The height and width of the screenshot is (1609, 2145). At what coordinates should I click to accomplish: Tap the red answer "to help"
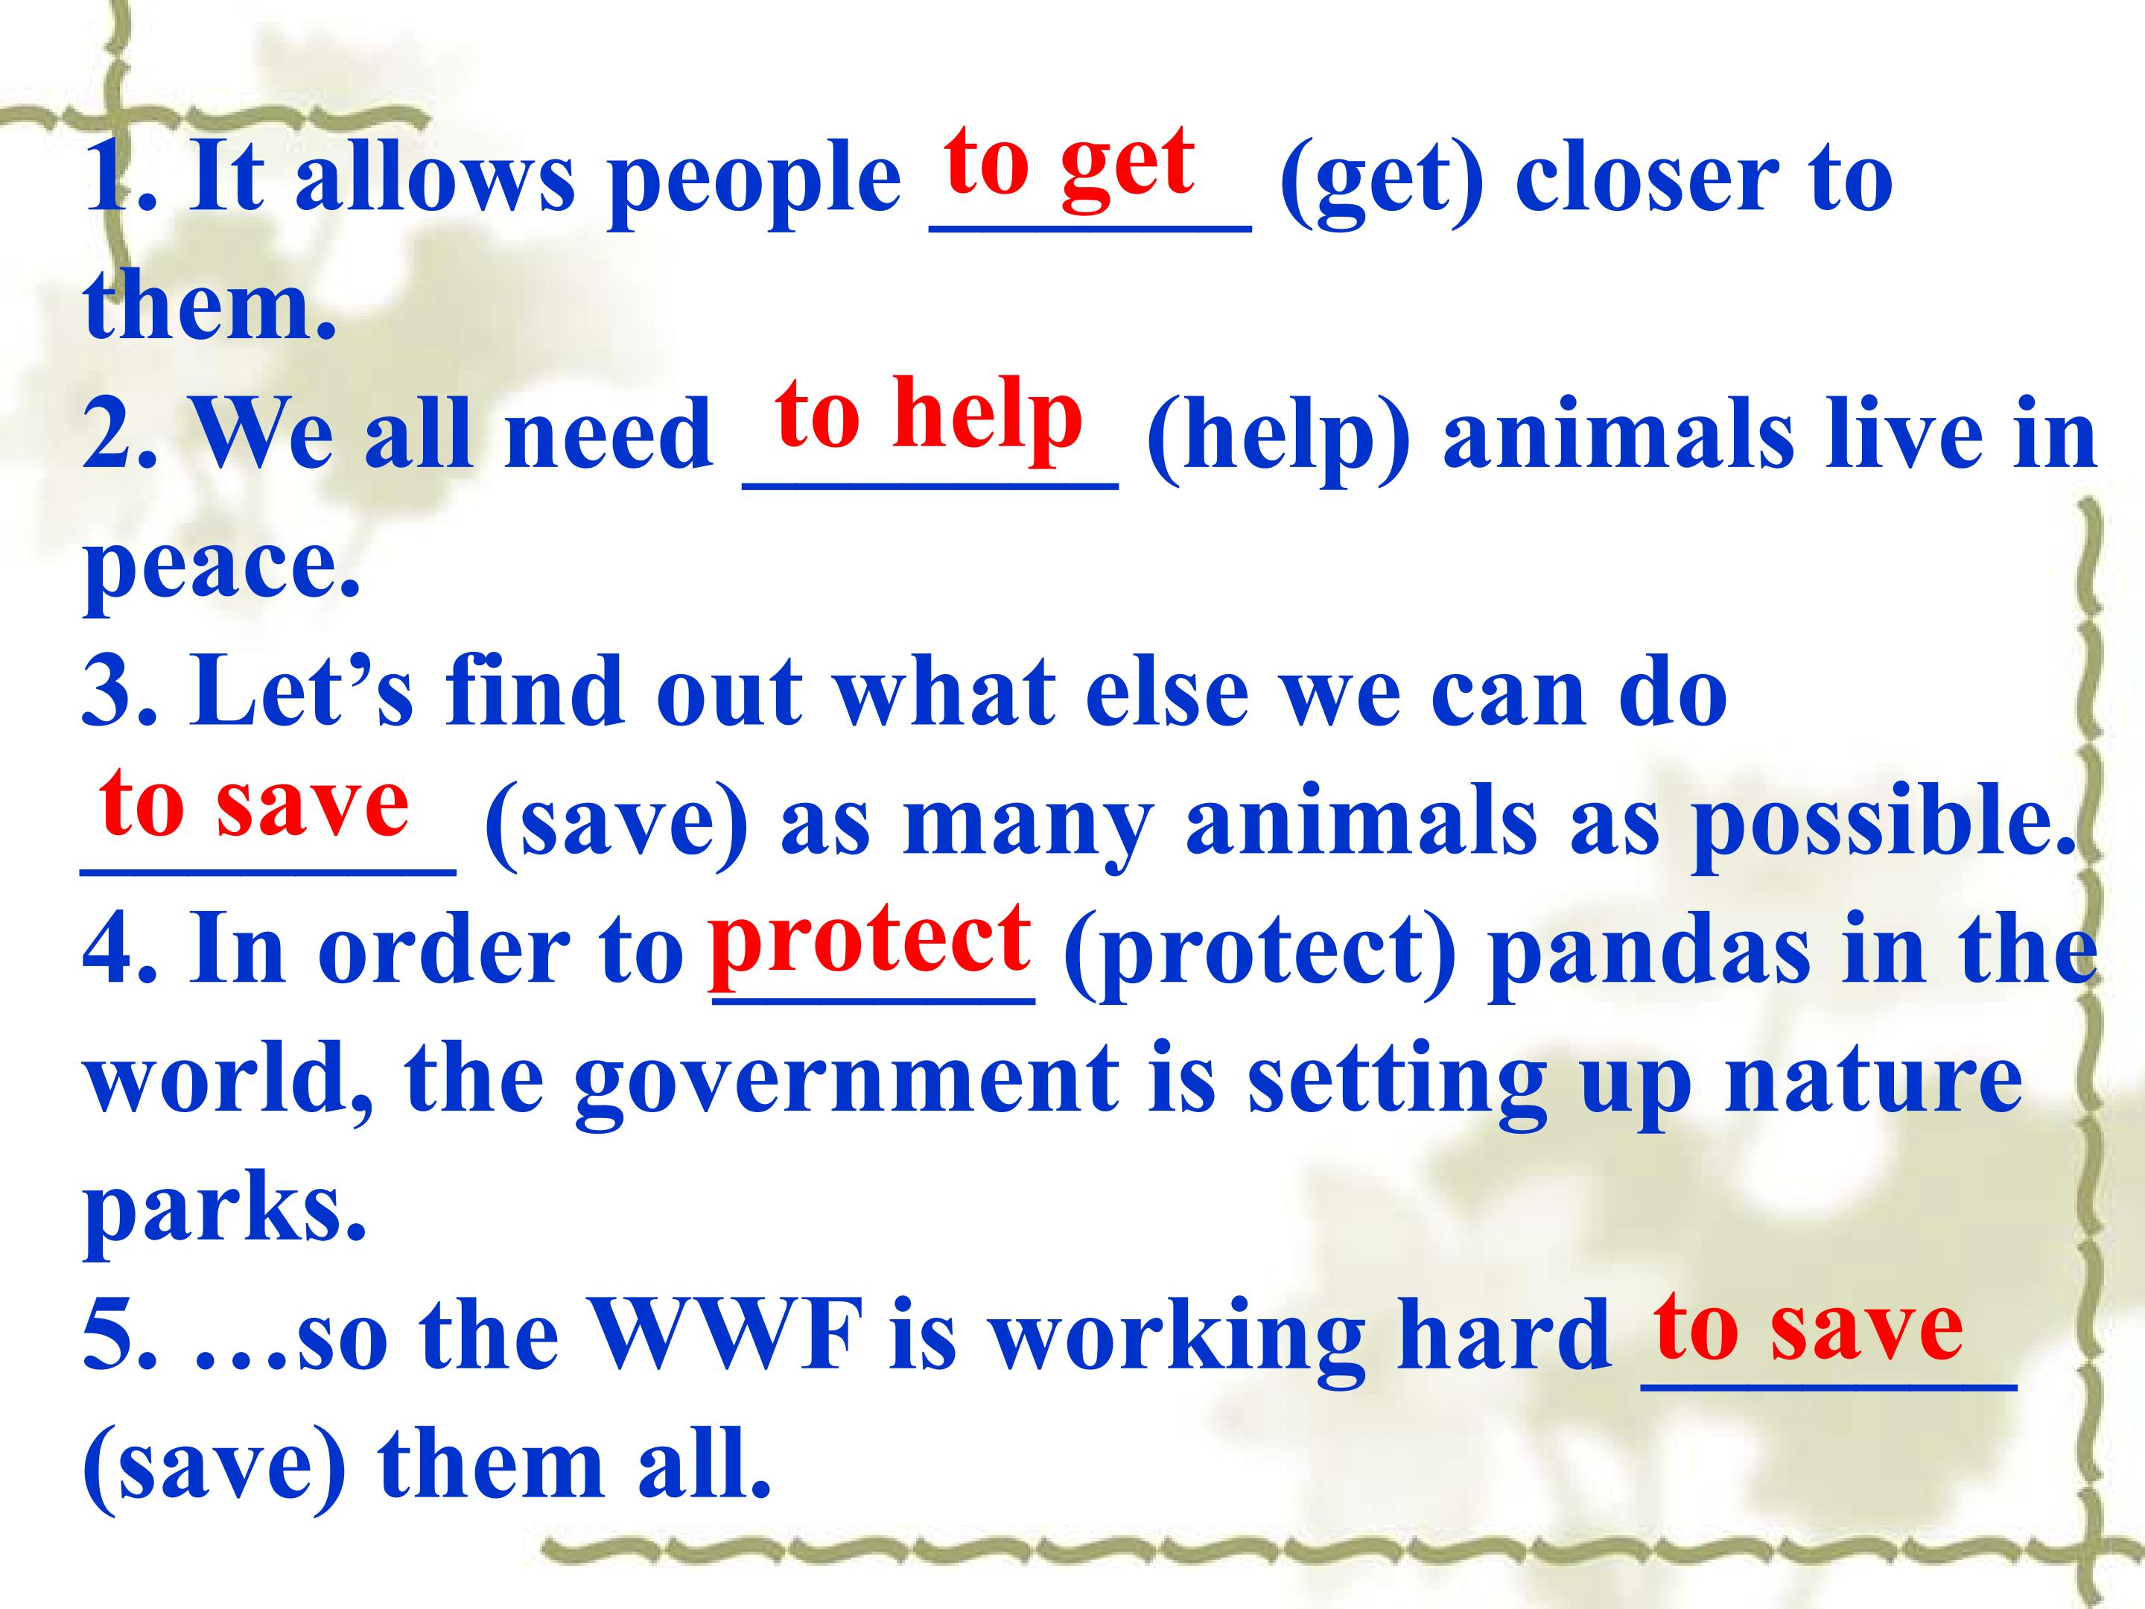coord(928,414)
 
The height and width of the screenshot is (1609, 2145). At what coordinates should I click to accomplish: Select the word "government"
coord(845,1085)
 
